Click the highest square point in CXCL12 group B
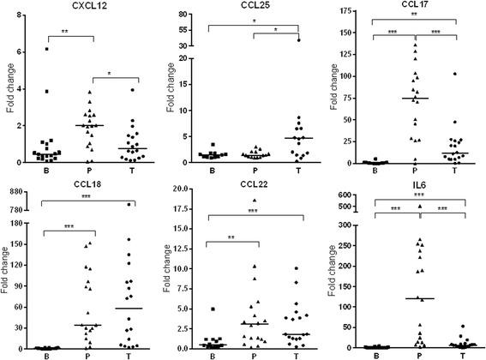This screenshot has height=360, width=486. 48,50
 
